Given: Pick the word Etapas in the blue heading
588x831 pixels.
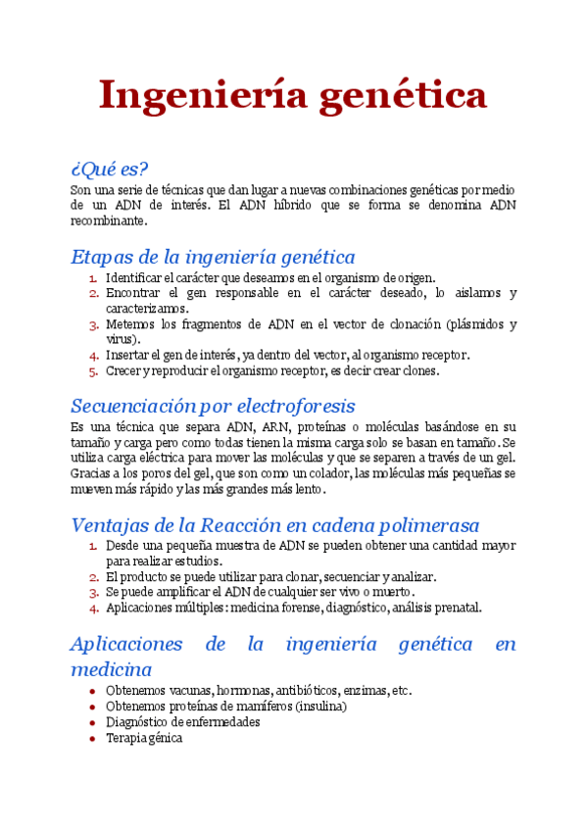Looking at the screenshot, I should (x=101, y=258).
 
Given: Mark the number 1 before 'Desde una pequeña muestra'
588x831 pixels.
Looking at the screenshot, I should (x=93, y=546).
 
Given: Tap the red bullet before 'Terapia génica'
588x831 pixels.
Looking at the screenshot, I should (x=92, y=738).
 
